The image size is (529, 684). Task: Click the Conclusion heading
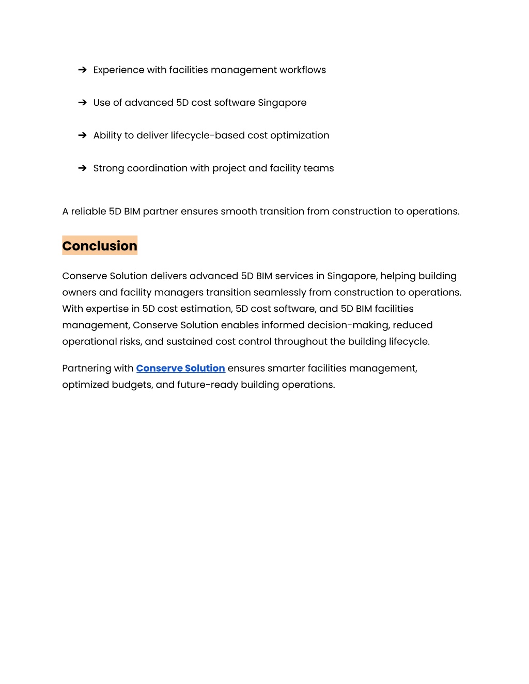pyautogui.click(x=100, y=246)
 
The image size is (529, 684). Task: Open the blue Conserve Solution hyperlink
pyautogui.click(x=180, y=368)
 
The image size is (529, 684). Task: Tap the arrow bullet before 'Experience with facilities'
pyautogui.click(x=82, y=70)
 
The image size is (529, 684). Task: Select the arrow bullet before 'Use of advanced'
pyautogui.click(x=82, y=103)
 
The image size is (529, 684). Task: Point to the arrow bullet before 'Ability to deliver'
pyautogui.click(x=82, y=135)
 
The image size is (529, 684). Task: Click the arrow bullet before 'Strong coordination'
pyautogui.click(x=82, y=168)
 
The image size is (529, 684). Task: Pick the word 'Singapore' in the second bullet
pyautogui.click(x=282, y=103)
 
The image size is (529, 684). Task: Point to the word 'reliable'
pyautogui.click(x=88, y=211)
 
